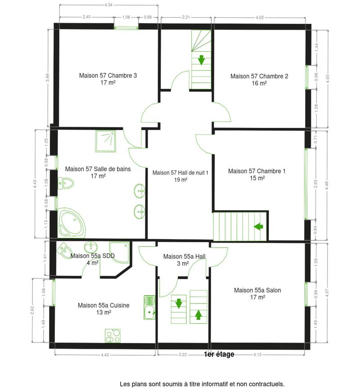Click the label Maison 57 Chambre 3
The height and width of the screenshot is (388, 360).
point(108,76)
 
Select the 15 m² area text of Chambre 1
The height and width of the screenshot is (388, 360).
point(257,178)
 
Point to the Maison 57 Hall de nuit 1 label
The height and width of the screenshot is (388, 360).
point(180,172)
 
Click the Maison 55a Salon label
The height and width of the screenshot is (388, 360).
point(257,290)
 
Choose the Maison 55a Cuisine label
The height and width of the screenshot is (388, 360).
point(103,305)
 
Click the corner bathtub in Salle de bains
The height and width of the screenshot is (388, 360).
point(72,223)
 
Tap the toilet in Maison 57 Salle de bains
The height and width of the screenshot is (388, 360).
point(66,183)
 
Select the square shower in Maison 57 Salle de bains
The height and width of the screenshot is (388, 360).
point(105,141)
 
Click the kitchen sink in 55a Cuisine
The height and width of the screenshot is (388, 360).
point(149,307)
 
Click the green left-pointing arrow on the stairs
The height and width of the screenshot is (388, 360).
point(258,226)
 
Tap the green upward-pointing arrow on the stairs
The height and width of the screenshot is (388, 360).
point(198,314)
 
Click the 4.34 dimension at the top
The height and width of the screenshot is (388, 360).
point(108,5)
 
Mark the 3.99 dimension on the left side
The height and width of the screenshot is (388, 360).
point(47,77)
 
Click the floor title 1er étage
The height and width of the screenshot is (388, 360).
point(219,354)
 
